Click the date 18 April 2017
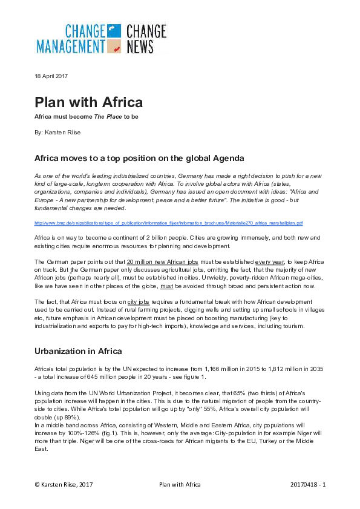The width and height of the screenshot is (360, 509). [51, 76]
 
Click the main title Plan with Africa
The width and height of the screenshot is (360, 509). [88, 101]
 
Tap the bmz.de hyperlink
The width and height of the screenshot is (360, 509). [168, 223]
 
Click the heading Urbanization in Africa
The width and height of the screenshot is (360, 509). [78, 351]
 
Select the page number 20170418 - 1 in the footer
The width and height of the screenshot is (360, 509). [308, 485]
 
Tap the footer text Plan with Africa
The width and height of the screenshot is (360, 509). [180, 485]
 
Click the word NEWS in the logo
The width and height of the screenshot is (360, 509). [140, 46]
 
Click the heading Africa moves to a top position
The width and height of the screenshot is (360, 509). [139, 159]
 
